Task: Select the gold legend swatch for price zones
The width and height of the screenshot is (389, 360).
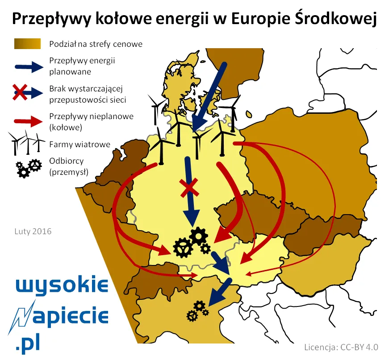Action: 28,44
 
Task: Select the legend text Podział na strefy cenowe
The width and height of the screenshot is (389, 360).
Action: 96,44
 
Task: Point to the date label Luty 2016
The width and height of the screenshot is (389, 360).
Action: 33,232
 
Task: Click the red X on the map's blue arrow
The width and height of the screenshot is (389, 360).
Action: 189,188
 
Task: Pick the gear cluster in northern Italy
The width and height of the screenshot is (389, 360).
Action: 197,310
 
